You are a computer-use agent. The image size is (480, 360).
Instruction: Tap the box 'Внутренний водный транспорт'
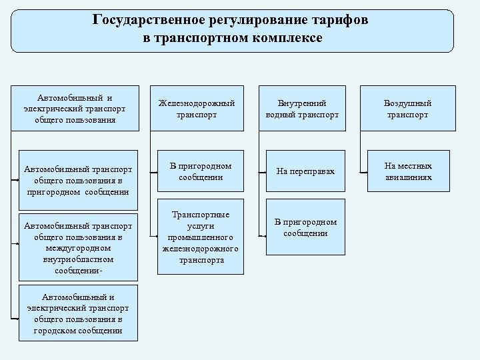pos(303,109)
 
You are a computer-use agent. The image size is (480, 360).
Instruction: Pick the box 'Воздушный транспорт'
pos(407,109)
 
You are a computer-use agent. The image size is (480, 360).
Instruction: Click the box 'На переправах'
pos(303,171)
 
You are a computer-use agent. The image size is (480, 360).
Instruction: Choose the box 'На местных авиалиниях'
pos(407,171)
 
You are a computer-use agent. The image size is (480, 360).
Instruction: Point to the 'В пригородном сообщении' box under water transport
pos(303,227)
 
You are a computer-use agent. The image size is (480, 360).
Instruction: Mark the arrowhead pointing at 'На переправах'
pos(261,172)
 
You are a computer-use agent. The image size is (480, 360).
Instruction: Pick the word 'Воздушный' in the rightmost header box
pos(407,103)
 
